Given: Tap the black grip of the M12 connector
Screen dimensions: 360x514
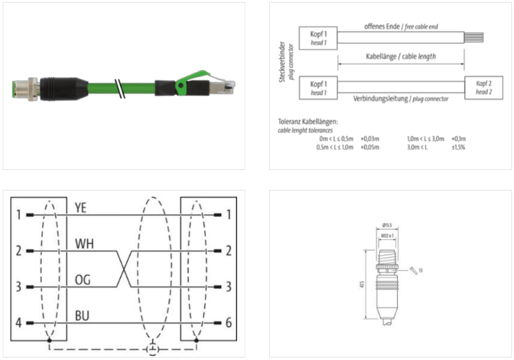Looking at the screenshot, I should [59, 87].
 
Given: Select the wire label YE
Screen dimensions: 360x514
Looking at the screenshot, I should [81, 207].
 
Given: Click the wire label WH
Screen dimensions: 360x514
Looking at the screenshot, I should [84, 244].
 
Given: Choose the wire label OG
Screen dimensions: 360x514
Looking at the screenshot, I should [83, 280].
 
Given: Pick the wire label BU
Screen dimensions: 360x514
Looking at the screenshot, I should [82, 316].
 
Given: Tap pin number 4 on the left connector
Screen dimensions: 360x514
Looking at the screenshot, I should [19, 323].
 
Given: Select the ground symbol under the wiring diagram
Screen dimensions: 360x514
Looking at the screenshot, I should [152, 350].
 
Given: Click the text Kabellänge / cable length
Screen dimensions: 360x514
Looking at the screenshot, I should [400, 56].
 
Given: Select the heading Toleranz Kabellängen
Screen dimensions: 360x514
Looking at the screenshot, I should [308, 122].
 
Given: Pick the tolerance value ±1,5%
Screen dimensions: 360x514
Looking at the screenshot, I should [457, 147].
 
